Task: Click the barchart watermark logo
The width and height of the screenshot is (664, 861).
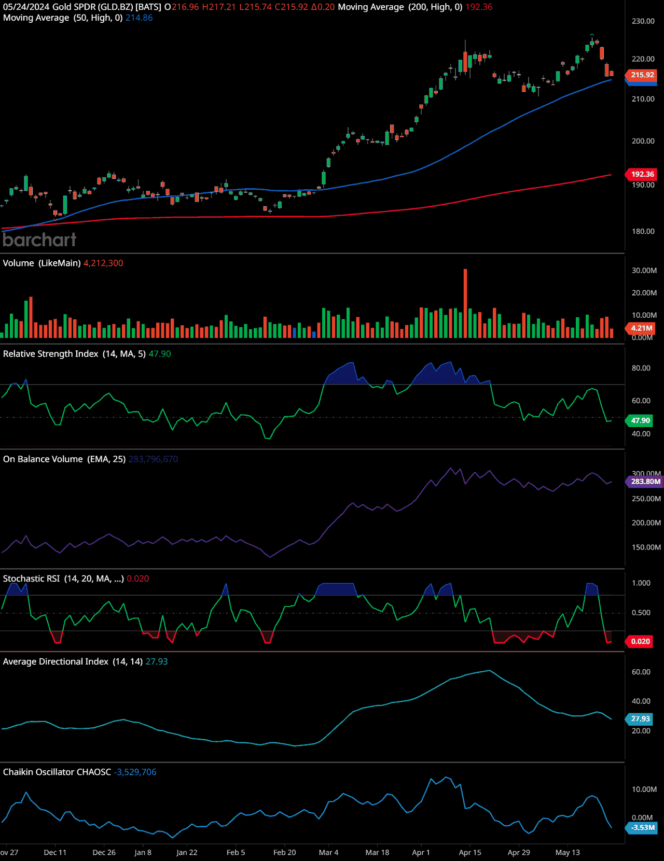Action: (39, 239)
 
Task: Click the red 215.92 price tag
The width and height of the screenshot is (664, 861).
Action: (642, 75)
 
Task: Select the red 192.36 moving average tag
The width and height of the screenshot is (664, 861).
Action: (642, 174)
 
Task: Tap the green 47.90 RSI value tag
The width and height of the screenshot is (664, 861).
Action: (640, 420)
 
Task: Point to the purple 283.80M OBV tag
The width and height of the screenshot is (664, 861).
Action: (645, 482)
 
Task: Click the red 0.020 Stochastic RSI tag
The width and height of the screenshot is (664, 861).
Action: (640, 641)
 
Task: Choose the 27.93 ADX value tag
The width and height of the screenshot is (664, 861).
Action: (640, 719)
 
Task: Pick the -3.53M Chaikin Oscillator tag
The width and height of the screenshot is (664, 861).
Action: (642, 828)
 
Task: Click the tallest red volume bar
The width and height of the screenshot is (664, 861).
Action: (465, 303)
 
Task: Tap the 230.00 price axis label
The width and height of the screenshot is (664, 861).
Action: (643, 21)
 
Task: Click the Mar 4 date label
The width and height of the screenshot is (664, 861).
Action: (328, 852)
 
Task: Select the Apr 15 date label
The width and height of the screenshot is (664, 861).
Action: (470, 852)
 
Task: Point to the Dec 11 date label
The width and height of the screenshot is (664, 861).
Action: (55, 852)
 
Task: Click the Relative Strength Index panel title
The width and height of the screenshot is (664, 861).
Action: (50, 354)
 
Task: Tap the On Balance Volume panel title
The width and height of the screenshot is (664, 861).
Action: (43, 459)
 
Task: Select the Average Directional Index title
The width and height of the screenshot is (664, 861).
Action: (56, 661)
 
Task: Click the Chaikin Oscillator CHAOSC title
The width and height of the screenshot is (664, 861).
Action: (57, 772)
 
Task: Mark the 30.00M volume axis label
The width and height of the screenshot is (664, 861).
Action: (644, 271)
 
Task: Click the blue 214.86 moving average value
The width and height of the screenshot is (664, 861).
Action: (139, 18)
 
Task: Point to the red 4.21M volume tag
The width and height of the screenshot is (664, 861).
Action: (641, 328)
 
